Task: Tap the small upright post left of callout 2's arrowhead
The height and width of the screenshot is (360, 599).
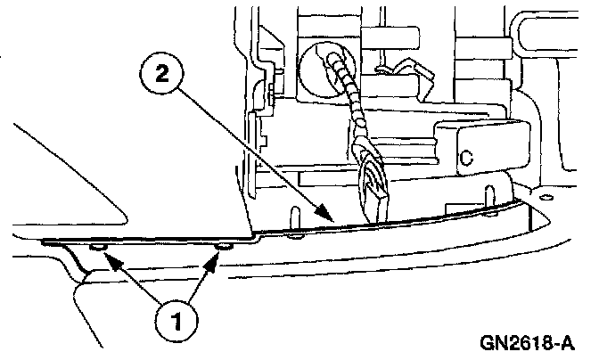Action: (294, 217)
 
